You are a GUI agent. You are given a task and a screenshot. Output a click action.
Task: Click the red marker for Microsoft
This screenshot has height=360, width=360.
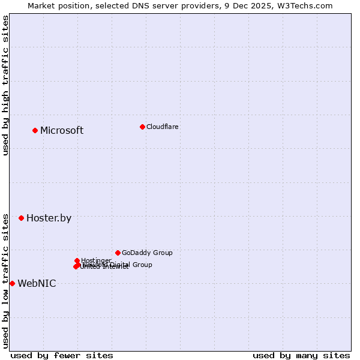35,130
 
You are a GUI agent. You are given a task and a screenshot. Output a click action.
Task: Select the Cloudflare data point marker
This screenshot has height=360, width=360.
142,127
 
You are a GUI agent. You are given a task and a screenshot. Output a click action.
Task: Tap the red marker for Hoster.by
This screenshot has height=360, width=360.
21,218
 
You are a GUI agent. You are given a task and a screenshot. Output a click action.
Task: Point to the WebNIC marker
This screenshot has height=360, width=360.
12,283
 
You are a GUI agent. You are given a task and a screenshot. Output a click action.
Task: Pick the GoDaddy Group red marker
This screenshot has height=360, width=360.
118,253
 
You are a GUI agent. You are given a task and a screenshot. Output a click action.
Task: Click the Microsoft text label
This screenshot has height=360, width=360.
62,131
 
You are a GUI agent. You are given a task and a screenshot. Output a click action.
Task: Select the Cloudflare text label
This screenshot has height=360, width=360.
163,127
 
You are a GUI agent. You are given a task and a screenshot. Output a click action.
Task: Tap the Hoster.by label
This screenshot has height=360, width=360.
49,218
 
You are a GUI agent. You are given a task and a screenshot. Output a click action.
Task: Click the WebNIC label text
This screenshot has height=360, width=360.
37,284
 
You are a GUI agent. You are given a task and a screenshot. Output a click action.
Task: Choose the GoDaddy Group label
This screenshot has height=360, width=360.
147,253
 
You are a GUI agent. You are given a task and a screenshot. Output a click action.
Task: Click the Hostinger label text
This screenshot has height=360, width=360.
96,260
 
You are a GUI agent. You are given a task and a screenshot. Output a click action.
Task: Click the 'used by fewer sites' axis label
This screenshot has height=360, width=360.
62,355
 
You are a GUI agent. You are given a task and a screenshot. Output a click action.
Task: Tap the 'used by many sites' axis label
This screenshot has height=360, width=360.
301,355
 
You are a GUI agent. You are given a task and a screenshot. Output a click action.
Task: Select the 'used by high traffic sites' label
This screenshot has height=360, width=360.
5,85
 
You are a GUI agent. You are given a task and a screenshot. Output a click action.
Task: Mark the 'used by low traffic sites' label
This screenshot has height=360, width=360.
5,280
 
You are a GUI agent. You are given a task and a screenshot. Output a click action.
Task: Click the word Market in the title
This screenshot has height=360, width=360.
43,5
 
